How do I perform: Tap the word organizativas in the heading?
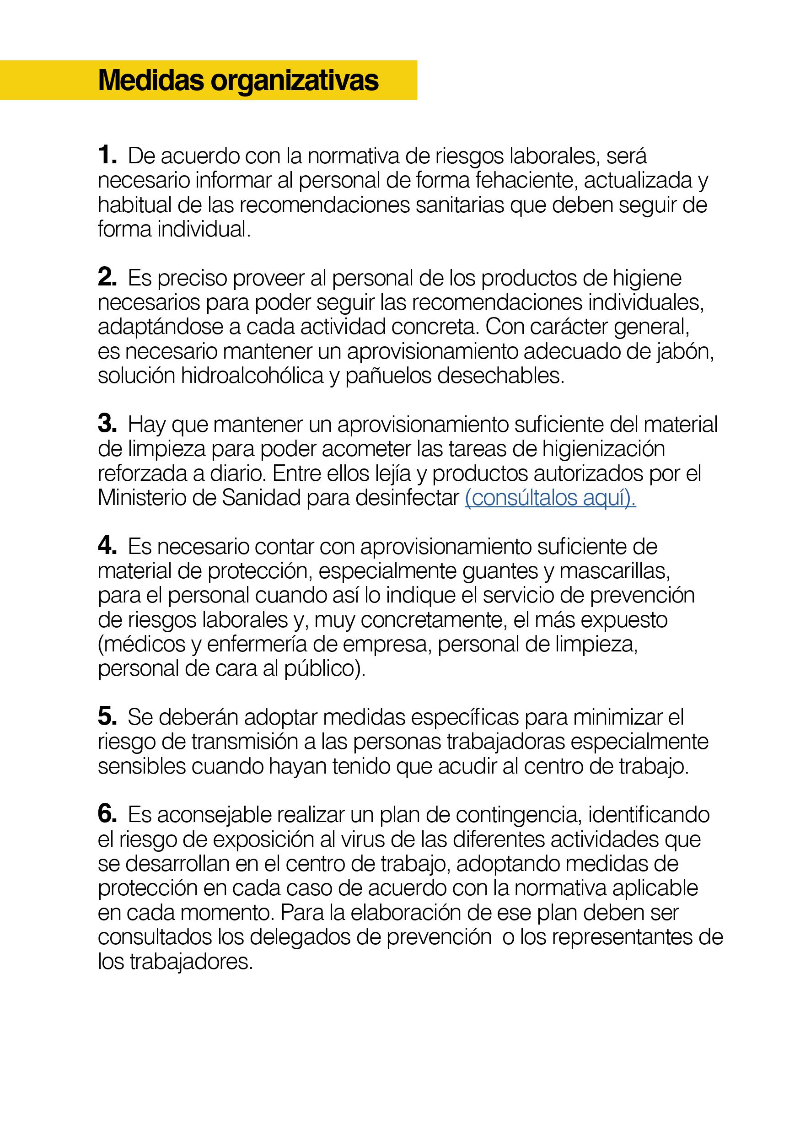pos(295,81)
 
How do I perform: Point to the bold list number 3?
pos(107,424)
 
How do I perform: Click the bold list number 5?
pos(107,717)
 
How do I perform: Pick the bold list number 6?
pos(107,814)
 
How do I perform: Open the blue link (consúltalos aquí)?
pos(550,498)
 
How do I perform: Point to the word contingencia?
pos(518,815)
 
